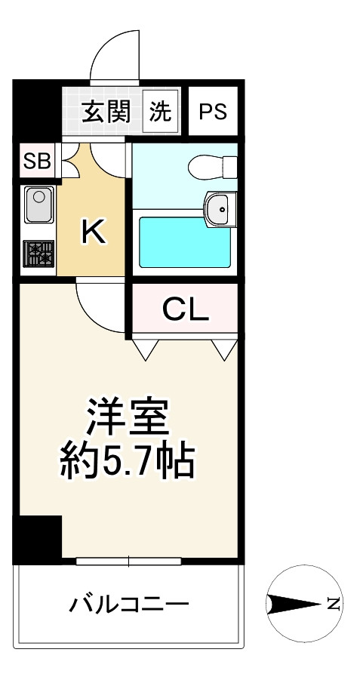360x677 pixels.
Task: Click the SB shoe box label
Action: [x=36, y=161]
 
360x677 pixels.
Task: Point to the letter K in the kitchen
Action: [x=94, y=232]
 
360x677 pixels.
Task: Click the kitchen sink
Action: [x=37, y=204]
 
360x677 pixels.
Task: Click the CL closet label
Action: [x=186, y=309]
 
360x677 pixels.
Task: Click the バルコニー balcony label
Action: [x=128, y=604]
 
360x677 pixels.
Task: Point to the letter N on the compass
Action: [x=332, y=603]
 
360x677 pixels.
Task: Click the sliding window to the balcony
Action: [x=128, y=561]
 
